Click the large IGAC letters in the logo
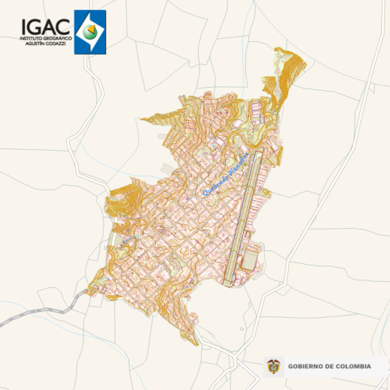46,26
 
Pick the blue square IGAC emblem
90,31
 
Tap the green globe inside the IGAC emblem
90,31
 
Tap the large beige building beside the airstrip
250,259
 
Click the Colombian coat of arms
274,366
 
